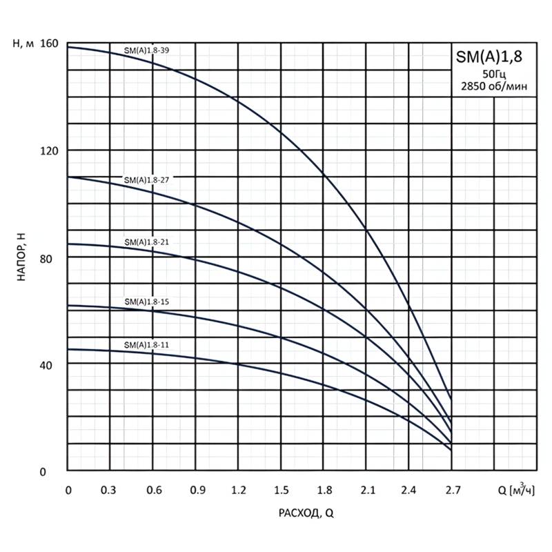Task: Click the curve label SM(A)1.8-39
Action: pyautogui.click(x=146, y=50)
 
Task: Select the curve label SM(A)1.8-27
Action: pyautogui.click(x=146, y=179)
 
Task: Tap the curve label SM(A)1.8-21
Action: pyautogui.click(x=146, y=242)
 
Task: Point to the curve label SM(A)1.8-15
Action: pyautogui.click(x=146, y=302)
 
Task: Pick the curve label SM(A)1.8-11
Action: pyautogui.click(x=146, y=344)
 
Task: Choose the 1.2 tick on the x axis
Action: pyautogui.click(x=239, y=491)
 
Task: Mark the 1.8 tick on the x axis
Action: pyautogui.click(x=324, y=491)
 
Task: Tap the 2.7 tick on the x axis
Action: pyautogui.click(x=452, y=491)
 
